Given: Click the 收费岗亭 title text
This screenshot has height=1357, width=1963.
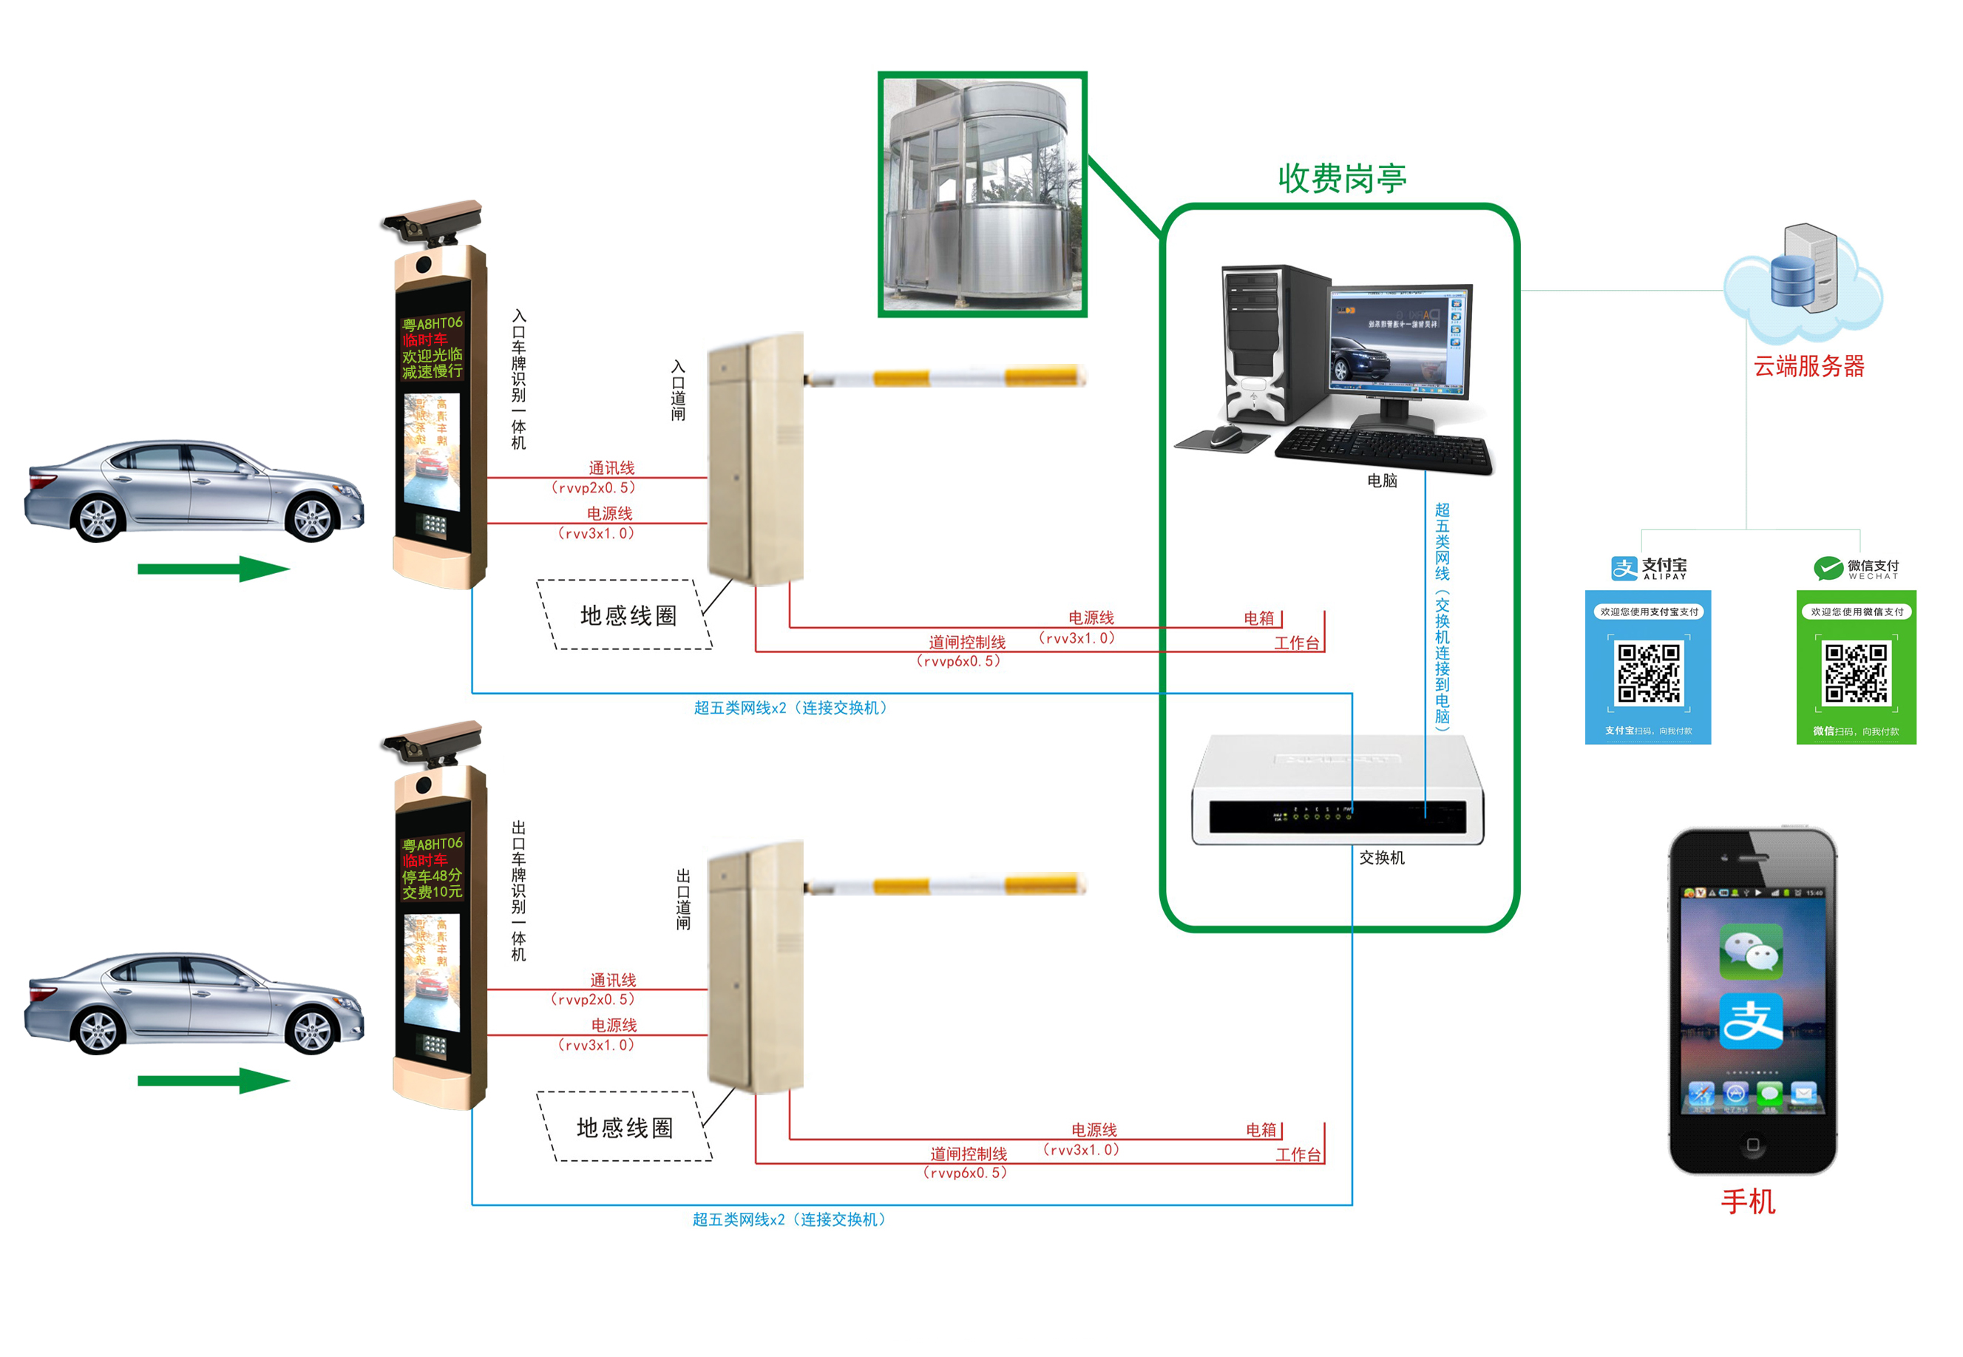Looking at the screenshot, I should [x=1340, y=177].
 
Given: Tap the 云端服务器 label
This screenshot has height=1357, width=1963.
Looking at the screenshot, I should [x=1808, y=367].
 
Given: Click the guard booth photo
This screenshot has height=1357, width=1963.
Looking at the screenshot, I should [x=982, y=194].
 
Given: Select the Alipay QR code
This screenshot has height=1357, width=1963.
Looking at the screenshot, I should [x=1647, y=674].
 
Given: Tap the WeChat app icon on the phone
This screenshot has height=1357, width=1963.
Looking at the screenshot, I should [x=1751, y=952].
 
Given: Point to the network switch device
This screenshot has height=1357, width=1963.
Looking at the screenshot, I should [x=1338, y=791].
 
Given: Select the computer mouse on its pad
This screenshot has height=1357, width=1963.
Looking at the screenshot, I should [x=1225, y=436].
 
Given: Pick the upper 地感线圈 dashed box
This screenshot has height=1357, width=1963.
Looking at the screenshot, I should [x=625, y=615].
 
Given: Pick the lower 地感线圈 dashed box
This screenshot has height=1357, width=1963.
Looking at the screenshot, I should [x=624, y=1126].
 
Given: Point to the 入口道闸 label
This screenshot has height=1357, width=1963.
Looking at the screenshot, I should [x=677, y=390].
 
